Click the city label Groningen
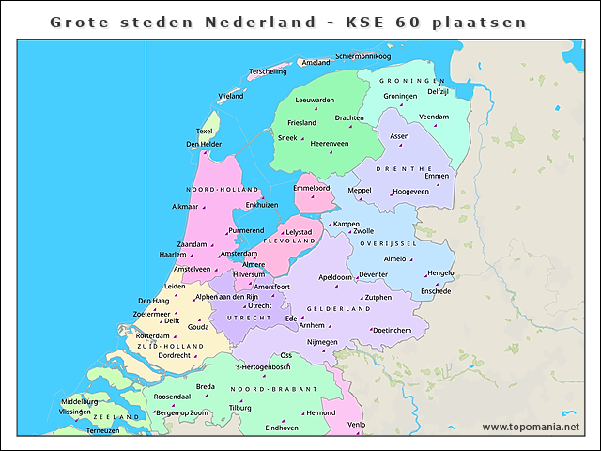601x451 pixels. [x=400, y=96]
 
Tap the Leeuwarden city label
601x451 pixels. [x=315, y=100]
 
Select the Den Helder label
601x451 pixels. [x=204, y=144]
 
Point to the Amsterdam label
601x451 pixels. [x=238, y=254]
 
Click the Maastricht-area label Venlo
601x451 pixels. [x=356, y=425]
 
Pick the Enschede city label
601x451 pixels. [x=436, y=291]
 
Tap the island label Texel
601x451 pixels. [x=204, y=131]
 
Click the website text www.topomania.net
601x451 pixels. [x=531, y=427]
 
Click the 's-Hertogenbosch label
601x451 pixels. [x=263, y=366]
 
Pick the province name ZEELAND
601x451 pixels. [x=116, y=416]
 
